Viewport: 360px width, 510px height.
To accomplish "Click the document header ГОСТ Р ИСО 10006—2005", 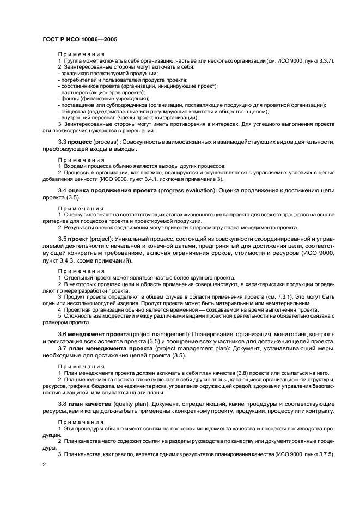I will [x=80, y=40].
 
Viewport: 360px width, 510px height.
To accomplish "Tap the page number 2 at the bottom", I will [x=44, y=464].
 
